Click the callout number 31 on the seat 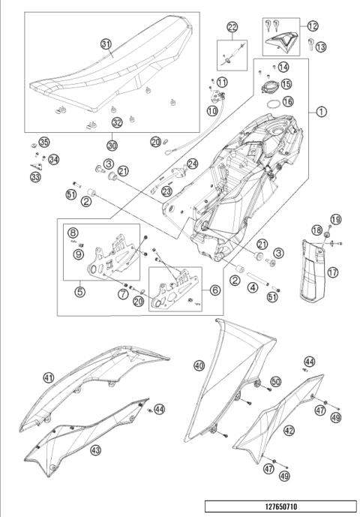click(x=105, y=44)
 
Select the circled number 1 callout click(x=321, y=113)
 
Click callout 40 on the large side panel click(x=199, y=365)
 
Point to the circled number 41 click(x=49, y=377)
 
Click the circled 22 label click(x=232, y=27)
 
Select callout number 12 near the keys click(x=312, y=25)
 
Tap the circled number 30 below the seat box click(x=112, y=145)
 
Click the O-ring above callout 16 click(x=275, y=98)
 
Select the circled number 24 click(x=192, y=164)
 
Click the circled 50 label click(x=276, y=382)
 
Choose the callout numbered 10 click(x=213, y=110)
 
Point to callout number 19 click(x=334, y=219)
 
